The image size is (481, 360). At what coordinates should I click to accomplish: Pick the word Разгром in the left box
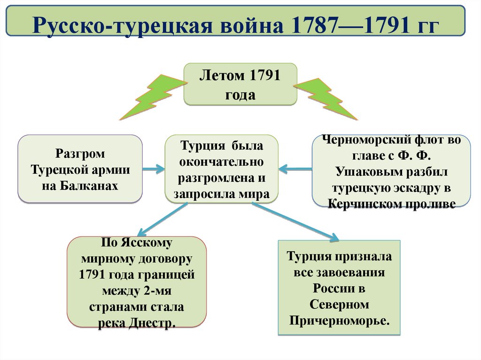[x=80, y=154]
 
